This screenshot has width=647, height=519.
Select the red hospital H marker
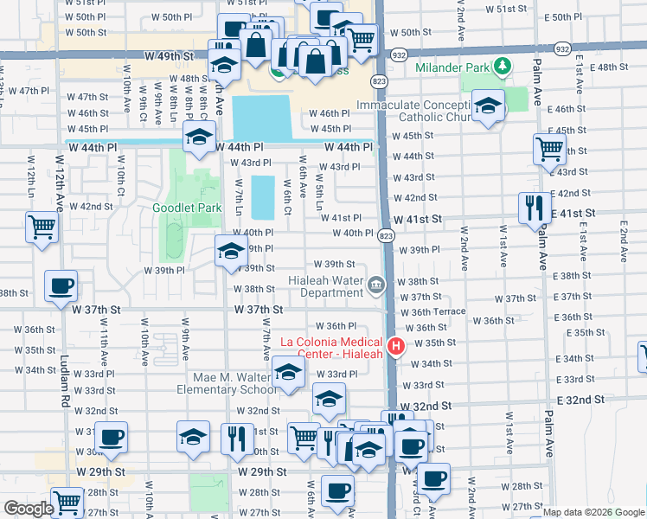click(396, 346)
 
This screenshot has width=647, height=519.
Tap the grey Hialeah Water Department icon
click(376, 284)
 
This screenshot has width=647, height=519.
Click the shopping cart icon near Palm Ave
click(549, 149)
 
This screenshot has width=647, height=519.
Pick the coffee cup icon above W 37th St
click(61, 286)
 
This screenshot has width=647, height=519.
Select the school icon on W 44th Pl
click(199, 138)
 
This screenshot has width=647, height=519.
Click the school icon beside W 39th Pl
click(231, 251)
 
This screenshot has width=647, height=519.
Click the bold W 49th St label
click(155, 54)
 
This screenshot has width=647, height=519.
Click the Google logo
click(29, 509)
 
